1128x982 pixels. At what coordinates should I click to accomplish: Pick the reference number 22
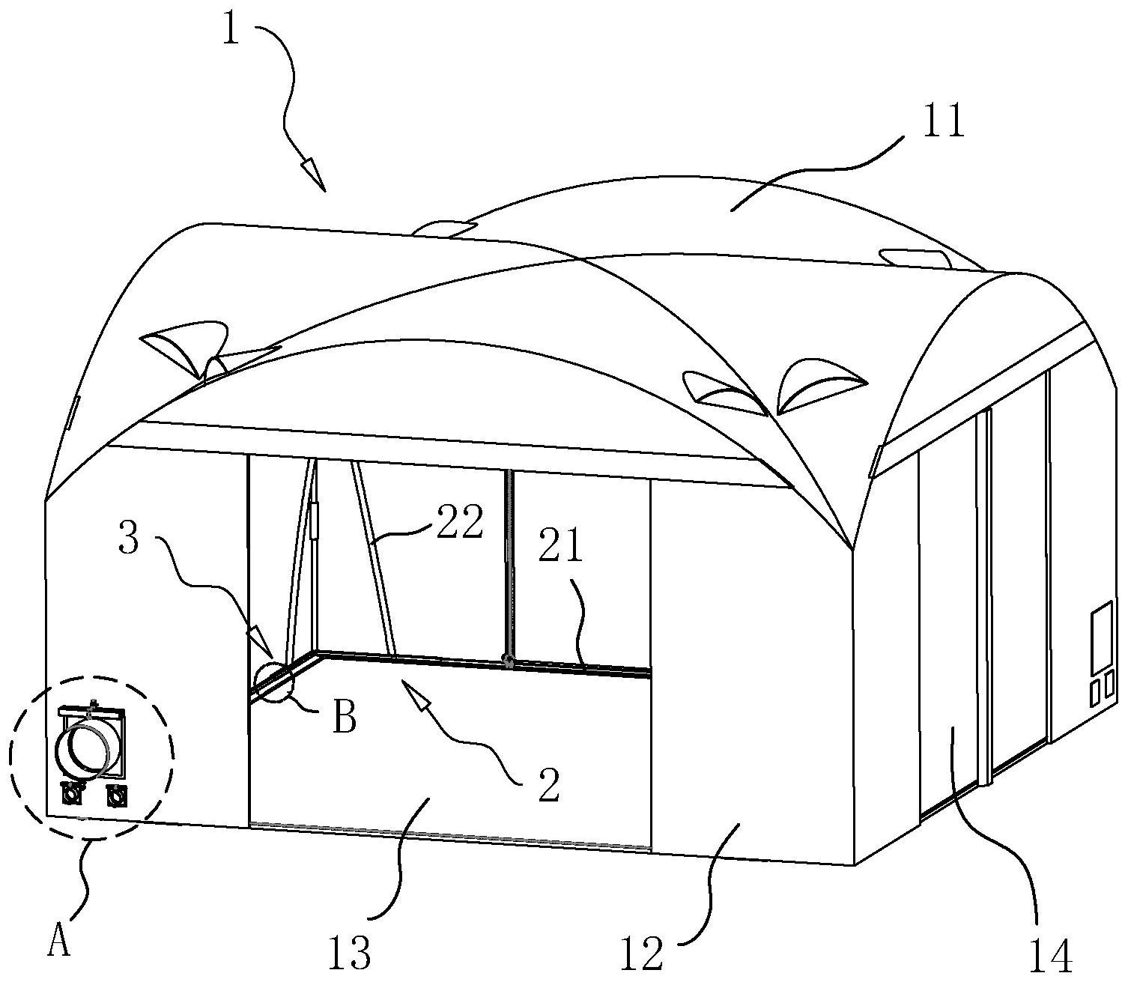pos(460,521)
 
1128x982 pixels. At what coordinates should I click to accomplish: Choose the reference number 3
pos(129,538)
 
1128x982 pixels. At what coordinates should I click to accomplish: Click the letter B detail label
pos(345,718)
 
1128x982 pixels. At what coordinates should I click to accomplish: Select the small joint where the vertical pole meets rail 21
pos(507,661)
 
